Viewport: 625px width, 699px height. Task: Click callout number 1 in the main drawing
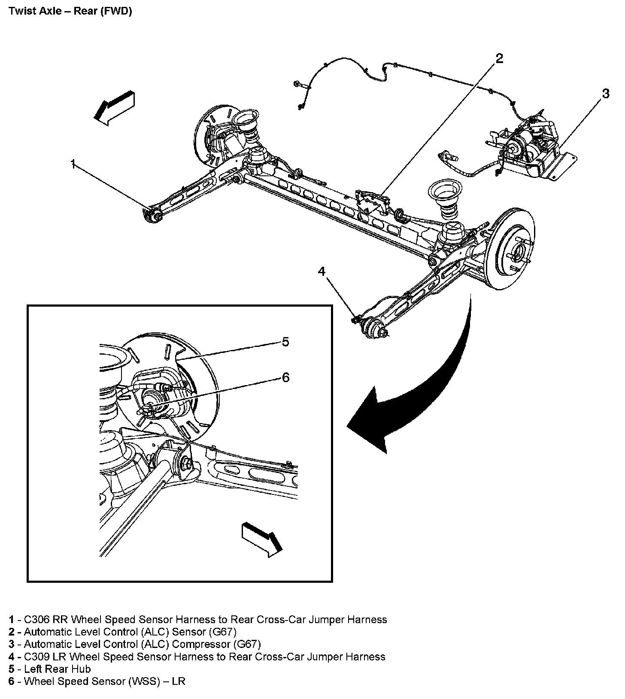(73, 164)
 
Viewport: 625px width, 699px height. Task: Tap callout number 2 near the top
(499, 59)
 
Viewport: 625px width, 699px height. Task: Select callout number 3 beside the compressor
(605, 93)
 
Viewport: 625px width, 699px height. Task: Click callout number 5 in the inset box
(285, 342)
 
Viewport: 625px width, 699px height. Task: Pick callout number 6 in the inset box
(285, 377)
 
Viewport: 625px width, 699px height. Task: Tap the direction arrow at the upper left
(114, 108)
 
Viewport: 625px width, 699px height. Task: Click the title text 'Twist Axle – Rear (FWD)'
(70, 11)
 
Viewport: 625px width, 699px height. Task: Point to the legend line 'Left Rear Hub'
(57, 669)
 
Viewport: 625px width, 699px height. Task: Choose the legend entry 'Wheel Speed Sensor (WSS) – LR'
(104, 681)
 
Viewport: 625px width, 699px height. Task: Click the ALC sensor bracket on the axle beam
(371, 203)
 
